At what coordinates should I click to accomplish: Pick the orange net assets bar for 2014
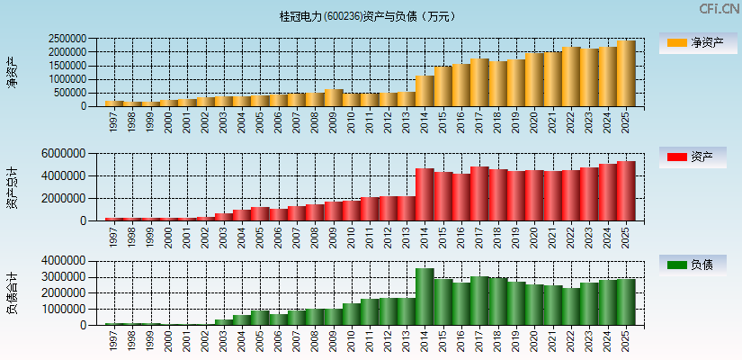(x=425, y=91)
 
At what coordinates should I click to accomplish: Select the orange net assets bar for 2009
(x=333, y=98)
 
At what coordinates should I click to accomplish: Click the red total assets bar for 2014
(x=425, y=194)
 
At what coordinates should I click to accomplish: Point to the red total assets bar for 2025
(x=626, y=191)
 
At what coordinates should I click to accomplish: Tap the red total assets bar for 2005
(x=260, y=214)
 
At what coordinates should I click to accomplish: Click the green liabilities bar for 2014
(x=425, y=297)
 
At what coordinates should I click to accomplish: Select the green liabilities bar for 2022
(x=571, y=307)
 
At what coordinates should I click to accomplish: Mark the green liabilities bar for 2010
(x=352, y=314)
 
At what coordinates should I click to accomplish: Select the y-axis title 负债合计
(x=12, y=293)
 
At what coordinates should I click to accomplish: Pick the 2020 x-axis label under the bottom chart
(x=534, y=339)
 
